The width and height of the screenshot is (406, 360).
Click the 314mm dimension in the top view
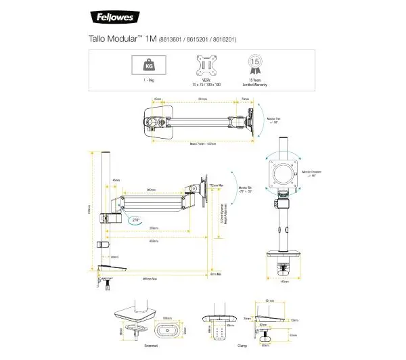click(x=202, y=99)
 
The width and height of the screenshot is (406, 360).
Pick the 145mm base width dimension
click(x=284, y=282)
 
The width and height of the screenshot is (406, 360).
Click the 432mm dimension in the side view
click(x=154, y=240)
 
